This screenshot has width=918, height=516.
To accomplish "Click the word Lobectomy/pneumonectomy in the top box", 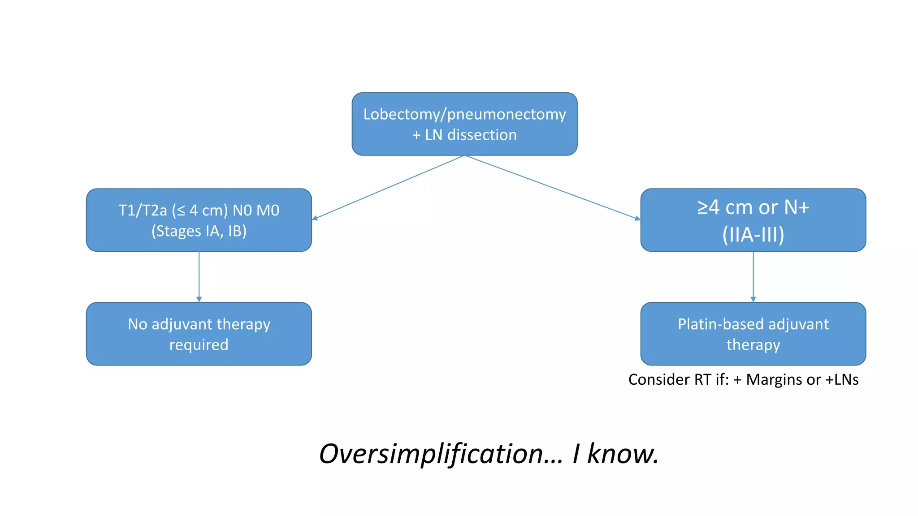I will pos(464,114).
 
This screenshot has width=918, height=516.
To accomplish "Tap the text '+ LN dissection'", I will pos(464,135).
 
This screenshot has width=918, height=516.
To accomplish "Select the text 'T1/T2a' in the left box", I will pos(143,210).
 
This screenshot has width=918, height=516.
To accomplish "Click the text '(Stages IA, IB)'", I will pos(199,231).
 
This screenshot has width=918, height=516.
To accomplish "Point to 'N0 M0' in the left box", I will pos(256,210).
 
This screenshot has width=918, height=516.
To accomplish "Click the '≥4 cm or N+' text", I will pos(753,207).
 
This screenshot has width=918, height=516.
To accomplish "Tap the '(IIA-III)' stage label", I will pos(753,234).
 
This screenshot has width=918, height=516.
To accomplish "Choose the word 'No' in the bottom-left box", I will pos(137,324).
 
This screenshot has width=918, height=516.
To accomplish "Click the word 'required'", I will pos(199,345).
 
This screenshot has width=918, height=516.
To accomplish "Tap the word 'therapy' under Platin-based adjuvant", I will pos(753,345).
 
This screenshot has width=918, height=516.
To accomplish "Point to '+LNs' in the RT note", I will pos(842,380).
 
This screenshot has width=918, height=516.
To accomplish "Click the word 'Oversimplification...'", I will pos(441,454).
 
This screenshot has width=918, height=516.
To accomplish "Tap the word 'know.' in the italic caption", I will pos(623,454).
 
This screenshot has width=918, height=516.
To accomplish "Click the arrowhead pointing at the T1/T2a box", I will pos(315,218).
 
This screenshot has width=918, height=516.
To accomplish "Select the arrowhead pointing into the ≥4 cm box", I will pos(637,219).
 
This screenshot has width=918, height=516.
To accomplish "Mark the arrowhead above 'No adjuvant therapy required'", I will pos(199,299).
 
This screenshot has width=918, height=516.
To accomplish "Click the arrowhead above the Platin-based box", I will pos(753,299).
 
